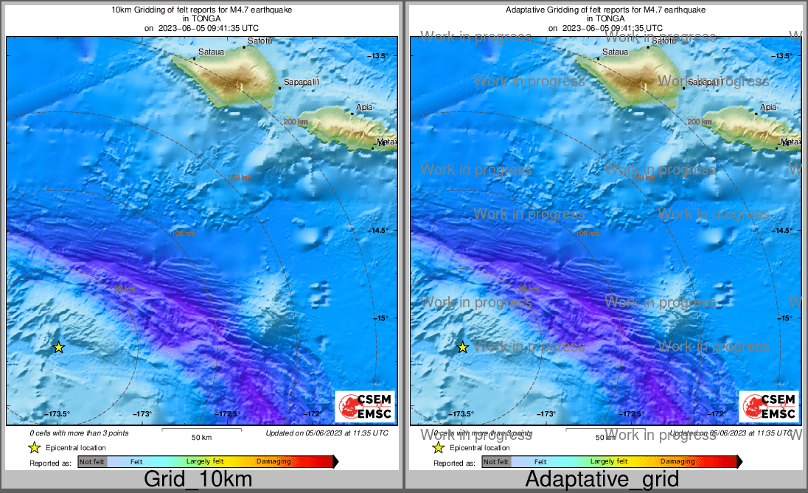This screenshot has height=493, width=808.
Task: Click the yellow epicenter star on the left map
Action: (x=59, y=347)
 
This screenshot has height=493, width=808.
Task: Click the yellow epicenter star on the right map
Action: (x=463, y=347)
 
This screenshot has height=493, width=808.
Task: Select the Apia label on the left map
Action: (x=363, y=107)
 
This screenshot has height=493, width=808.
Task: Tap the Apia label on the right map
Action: (x=768, y=107)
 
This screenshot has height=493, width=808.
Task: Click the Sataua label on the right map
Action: (x=615, y=52)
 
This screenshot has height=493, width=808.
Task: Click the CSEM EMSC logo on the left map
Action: (x=365, y=406)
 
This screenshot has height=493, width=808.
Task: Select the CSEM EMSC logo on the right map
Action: (x=770, y=406)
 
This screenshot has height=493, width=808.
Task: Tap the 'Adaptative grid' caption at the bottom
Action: (x=602, y=479)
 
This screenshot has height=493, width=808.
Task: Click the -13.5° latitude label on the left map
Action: (x=381, y=56)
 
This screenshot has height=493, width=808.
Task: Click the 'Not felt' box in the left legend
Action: (x=92, y=462)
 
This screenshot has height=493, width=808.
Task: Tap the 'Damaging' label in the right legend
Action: (x=678, y=462)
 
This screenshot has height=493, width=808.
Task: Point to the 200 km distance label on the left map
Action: (x=295, y=122)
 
